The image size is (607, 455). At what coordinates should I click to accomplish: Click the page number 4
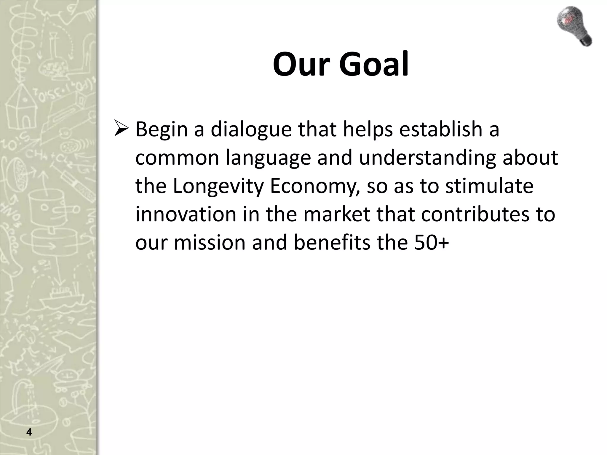coord(29,432)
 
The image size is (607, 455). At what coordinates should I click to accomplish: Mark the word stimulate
coord(489,186)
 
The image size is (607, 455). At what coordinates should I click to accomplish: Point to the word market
coord(337,214)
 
